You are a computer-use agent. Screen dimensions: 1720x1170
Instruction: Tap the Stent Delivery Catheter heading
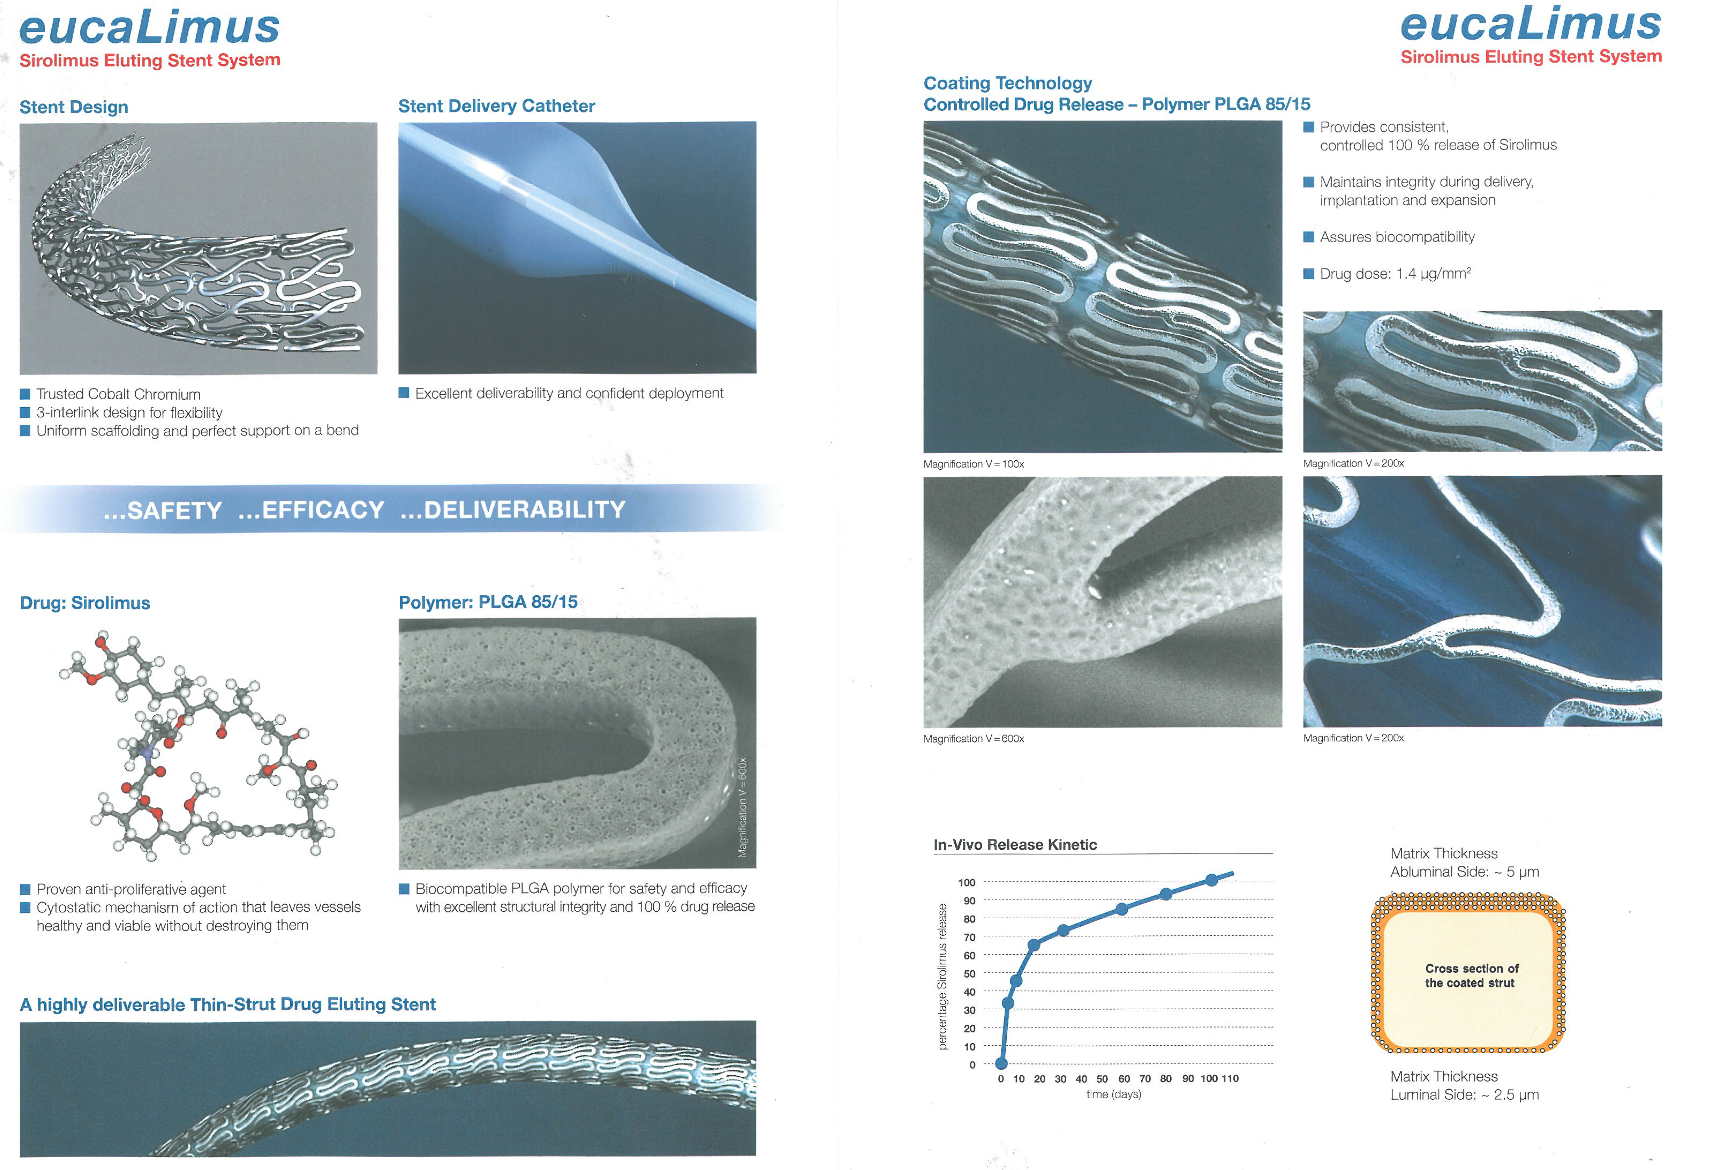click(497, 106)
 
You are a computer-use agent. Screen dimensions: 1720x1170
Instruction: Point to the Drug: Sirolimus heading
click(85, 603)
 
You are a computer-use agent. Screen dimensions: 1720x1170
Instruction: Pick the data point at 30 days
click(1063, 930)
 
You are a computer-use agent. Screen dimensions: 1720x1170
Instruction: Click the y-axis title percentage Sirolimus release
click(942, 977)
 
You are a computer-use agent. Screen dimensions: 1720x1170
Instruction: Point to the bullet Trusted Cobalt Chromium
click(119, 394)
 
